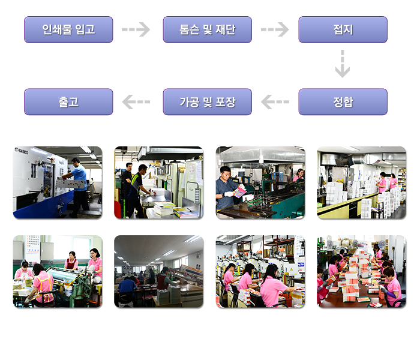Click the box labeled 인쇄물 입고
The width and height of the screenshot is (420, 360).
click(68, 29)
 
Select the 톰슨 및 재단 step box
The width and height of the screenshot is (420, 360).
click(207, 29)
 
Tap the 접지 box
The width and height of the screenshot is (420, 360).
click(343, 29)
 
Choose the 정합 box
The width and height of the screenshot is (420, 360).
click(343, 102)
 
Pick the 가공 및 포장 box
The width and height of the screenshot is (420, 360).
click(207, 102)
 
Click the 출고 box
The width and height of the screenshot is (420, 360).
click(68, 102)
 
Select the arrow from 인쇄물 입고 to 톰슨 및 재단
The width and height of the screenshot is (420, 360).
click(136, 29)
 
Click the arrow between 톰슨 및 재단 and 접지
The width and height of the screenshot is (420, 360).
click(275, 29)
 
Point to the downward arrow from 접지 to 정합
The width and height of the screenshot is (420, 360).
click(342, 64)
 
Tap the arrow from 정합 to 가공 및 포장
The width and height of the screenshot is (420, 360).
click(275, 102)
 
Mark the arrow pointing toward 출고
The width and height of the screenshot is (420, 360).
click(136, 102)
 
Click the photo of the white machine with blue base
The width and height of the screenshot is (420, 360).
click(58, 182)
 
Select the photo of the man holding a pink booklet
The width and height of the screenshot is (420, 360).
click(260, 182)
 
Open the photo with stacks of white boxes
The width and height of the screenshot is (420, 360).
click(361, 182)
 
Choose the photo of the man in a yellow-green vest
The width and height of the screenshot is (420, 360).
click(158, 182)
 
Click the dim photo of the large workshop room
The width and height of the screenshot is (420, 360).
click(158, 271)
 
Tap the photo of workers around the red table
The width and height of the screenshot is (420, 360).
click(361, 271)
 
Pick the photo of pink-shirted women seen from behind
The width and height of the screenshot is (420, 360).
click(260, 271)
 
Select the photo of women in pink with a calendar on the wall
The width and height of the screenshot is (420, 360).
click(58, 271)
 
